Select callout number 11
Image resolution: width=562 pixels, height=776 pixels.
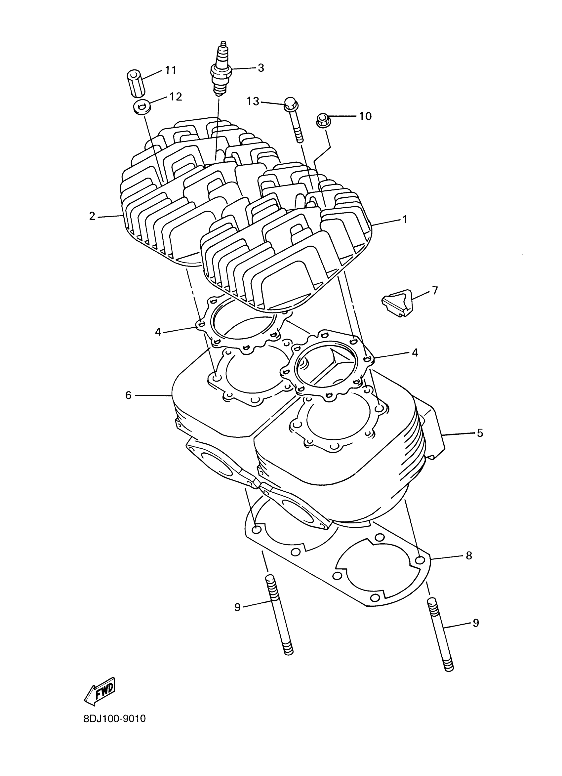(x=170, y=70)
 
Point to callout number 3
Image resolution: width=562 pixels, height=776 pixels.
(x=261, y=68)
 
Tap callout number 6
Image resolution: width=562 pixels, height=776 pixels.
(x=128, y=395)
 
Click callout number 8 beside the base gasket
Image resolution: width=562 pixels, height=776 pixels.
(x=469, y=555)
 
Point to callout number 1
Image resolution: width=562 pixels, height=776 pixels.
(x=405, y=219)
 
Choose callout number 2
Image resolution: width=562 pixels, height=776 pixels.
(x=92, y=216)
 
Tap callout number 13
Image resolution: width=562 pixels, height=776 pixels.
(x=254, y=101)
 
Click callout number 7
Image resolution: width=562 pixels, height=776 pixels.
(x=435, y=291)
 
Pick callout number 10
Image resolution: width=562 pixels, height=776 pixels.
(x=365, y=116)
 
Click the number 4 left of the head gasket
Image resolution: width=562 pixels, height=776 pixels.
(x=158, y=332)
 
